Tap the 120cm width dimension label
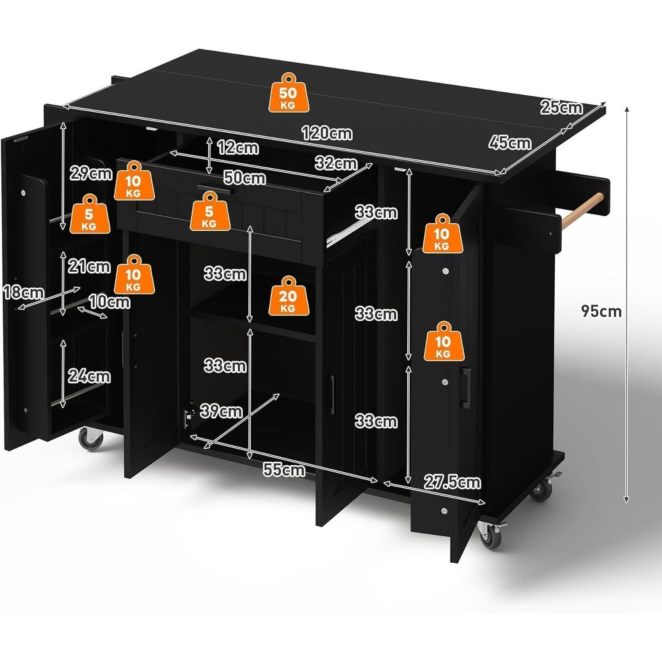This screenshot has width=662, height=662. click(327, 132)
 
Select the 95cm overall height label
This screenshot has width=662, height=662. click(601, 311)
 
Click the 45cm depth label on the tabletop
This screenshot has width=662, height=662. click(510, 143)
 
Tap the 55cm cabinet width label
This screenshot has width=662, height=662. click(284, 470)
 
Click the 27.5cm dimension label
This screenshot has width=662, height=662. click(452, 482)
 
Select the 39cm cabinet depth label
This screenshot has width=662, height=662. click(221, 411)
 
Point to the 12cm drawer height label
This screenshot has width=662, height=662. click(238, 147)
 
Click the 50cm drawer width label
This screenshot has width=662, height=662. click(245, 178)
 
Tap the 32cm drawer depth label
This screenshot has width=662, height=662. click(336, 163)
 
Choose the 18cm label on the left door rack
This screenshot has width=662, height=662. click(23, 292)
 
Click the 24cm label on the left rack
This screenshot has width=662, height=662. click(89, 376)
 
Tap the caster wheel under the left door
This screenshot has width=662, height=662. click(91, 439)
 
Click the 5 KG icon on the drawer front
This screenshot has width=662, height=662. click(209, 211)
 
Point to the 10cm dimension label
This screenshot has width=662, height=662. click(109, 302)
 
